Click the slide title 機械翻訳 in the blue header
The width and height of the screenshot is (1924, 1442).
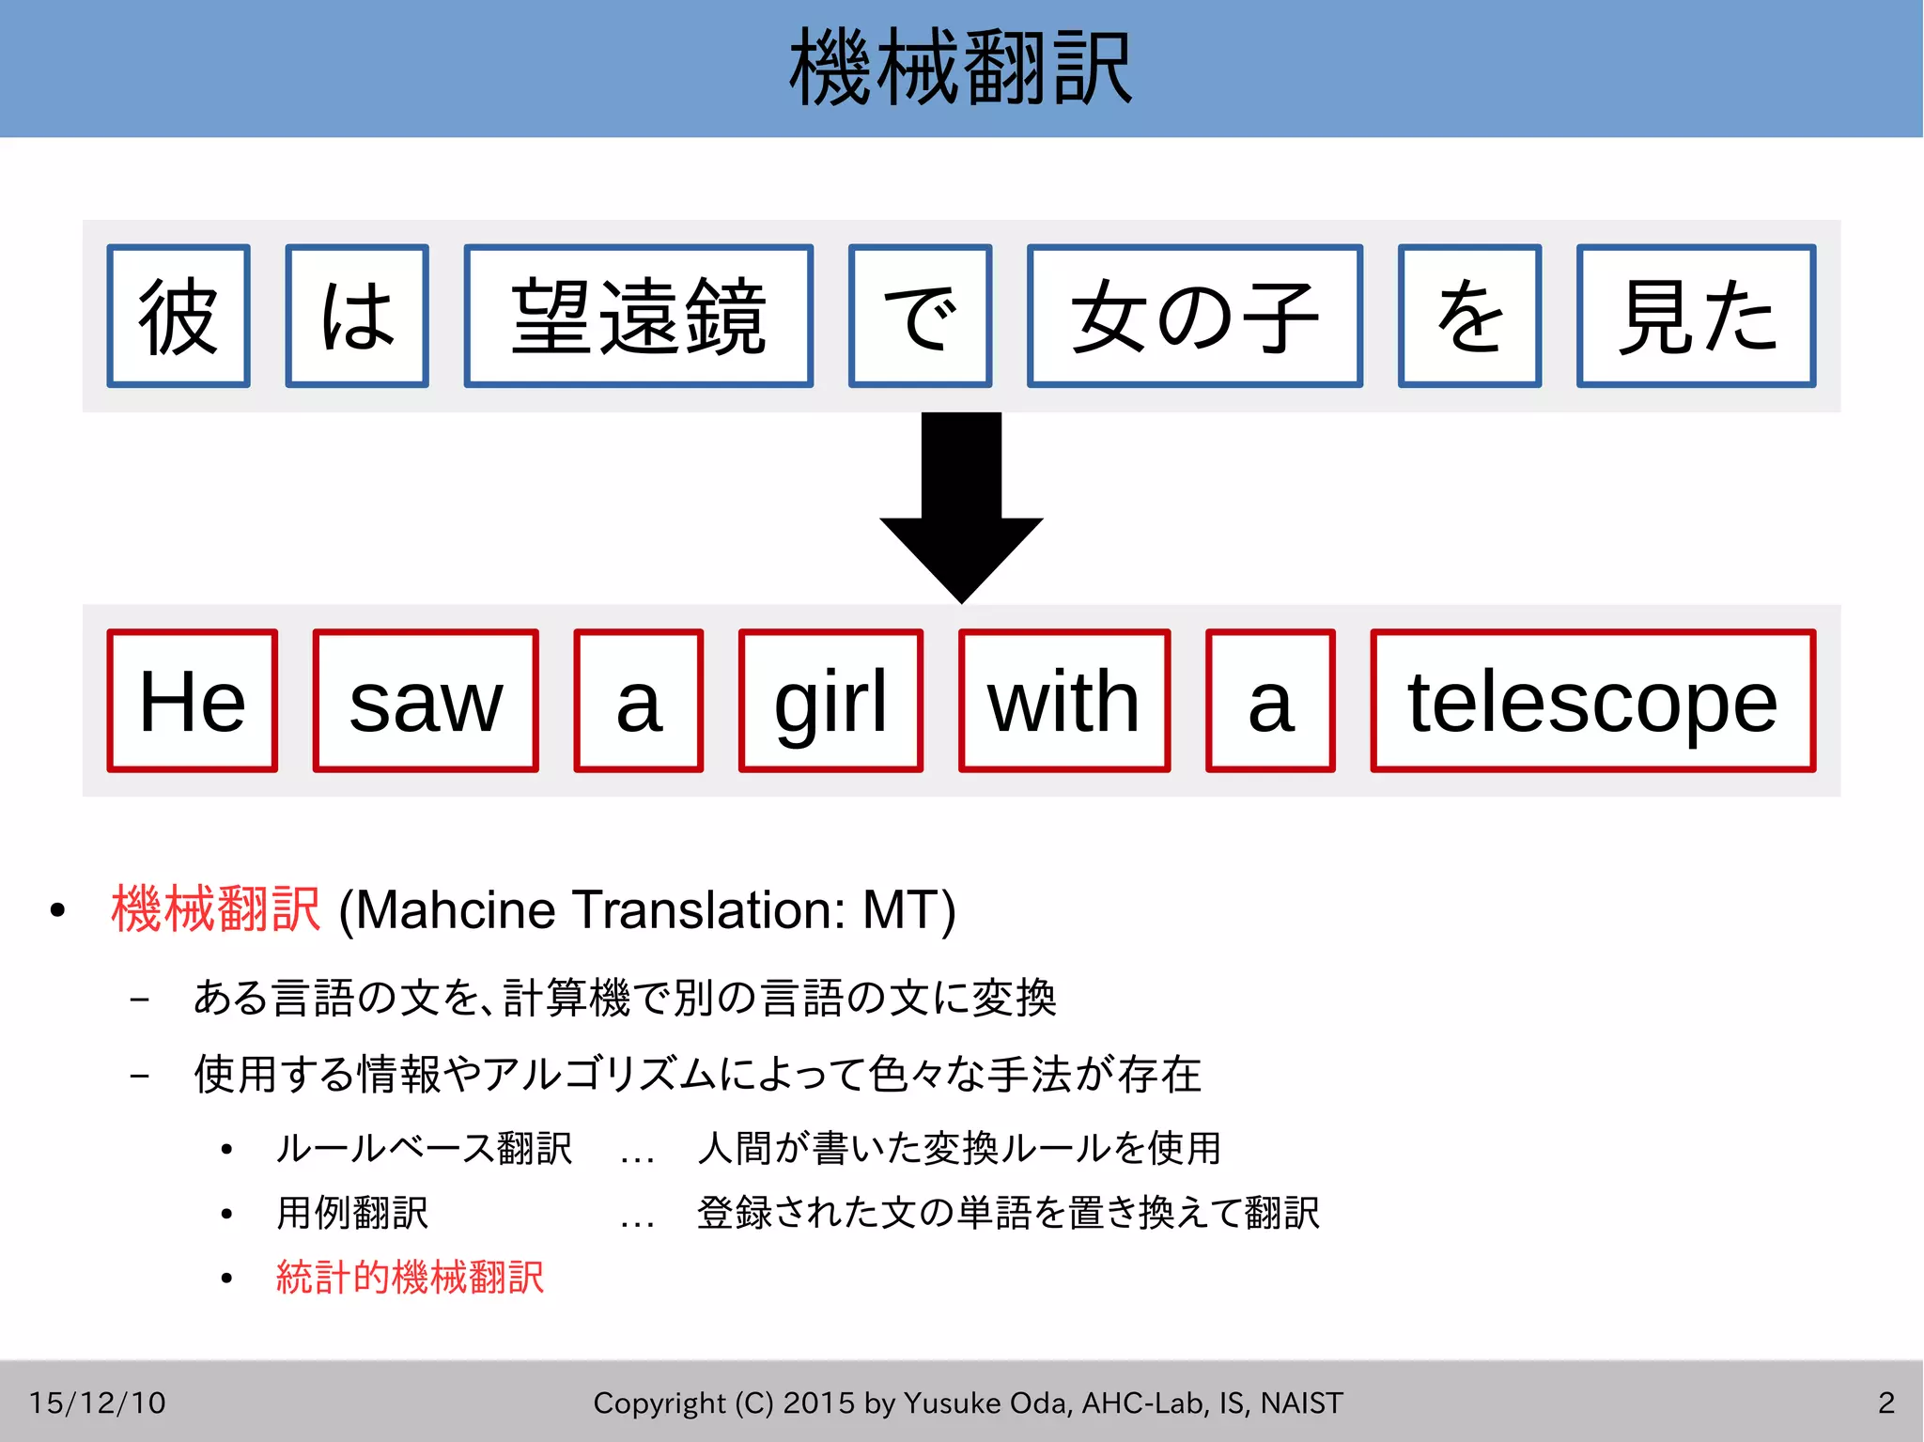coord(961,68)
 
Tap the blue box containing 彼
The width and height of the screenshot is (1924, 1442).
coord(178,316)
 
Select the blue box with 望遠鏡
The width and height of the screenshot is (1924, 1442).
coord(639,316)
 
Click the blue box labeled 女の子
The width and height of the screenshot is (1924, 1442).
coord(1194,316)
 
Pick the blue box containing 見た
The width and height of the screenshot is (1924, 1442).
coord(1696,316)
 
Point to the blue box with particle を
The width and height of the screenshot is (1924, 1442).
coord(1469,316)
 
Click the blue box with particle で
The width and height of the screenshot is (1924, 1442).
coord(920,316)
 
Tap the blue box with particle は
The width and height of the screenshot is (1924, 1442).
coord(357,316)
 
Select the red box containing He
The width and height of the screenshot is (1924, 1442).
coord(193,701)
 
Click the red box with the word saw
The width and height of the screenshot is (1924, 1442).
coord(426,701)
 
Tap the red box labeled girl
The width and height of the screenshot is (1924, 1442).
coord(830,701)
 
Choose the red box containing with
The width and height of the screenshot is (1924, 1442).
coord(1064,701)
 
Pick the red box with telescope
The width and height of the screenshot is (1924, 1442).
coord(1592,701)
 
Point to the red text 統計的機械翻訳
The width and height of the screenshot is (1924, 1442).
coord(410,1278)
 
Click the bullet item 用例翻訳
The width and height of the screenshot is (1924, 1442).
coord(352,1213)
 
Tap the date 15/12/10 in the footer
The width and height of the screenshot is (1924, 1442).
coord(97,1403)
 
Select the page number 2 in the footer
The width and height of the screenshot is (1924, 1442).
coord(1886,1403)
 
